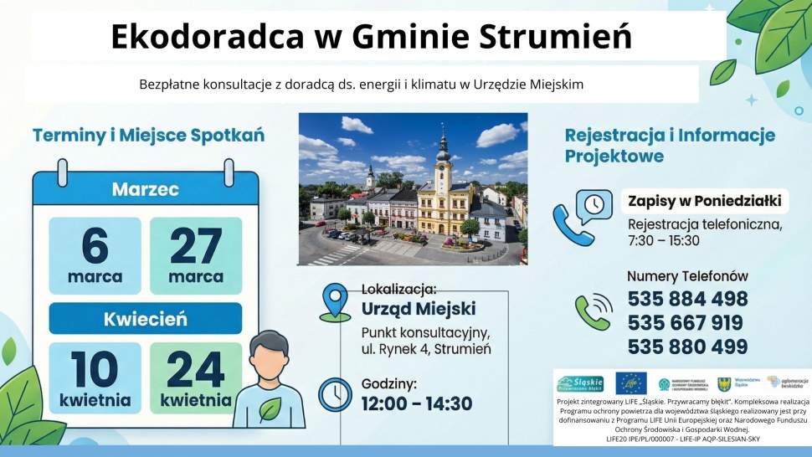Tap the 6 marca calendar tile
click(x=95, y=255)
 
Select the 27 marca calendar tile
click(x=196, y=255)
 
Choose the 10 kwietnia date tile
click(x=95, y=377)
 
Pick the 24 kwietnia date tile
click(x=196, y=377)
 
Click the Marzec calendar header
click(x=145, y=190)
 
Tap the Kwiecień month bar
click(x=145, y=319)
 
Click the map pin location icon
click(x=336, y=302)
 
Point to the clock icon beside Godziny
click(x=336, y=394)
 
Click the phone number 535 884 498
click(x=686, y=300)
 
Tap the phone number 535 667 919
click(x=686, y=323)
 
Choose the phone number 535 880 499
click(x=686, y=347)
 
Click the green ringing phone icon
click(x=593, y=311)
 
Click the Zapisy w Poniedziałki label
click(x=704, y=202)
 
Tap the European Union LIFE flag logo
click(x=630, y=383)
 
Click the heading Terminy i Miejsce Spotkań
click(x=148, y=135)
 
